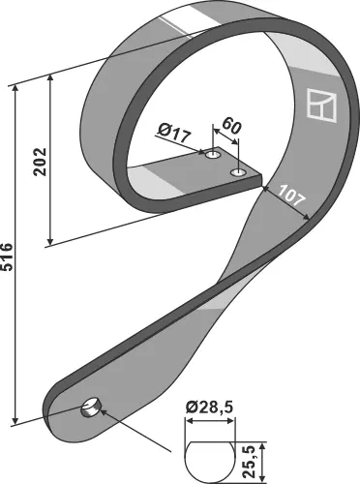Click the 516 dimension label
tap(7, 257)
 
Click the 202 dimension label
tap(41, 162)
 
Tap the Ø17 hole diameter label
tap(174, 134)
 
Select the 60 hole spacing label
tap(231, 126)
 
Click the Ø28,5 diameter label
tap(209, 408)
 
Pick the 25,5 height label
tap(251, 462)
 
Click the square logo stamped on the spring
tap(321, 105)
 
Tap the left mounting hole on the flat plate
tap(213, 154)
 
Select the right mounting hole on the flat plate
tap(238, 173)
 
